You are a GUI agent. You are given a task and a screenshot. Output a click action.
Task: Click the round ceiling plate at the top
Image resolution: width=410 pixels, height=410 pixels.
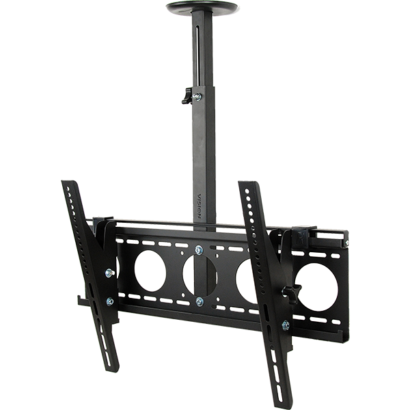203,7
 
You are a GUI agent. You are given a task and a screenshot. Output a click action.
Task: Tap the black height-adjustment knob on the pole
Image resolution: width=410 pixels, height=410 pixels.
187,96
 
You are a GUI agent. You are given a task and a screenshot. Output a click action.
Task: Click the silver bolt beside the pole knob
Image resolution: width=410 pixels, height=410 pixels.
197,96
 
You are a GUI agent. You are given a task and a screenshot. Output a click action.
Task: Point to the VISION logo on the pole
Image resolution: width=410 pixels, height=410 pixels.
200,206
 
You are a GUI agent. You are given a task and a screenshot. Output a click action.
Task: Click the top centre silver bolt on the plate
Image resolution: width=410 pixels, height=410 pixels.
199,250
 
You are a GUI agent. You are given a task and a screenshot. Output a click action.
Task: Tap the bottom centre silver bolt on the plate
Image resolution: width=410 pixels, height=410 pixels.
200,302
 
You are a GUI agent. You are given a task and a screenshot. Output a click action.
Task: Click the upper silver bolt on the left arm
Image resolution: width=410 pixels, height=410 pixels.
110,273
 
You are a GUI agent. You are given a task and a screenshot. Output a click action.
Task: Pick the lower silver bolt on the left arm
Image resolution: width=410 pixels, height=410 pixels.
110,301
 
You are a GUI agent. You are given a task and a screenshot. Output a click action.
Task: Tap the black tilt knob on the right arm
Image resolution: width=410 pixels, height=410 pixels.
292,292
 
